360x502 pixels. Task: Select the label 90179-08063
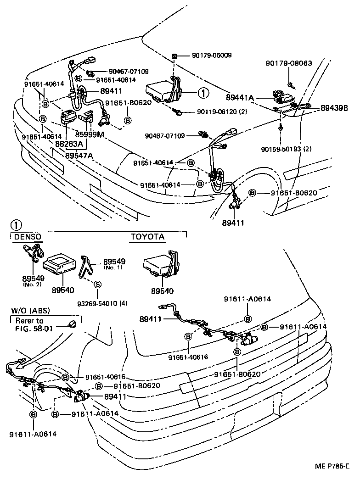point(289,63)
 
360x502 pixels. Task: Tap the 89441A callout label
point(240,97)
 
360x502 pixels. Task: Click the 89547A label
point(79,156)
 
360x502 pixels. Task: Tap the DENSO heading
point(28,237)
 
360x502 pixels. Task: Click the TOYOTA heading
point(147,237)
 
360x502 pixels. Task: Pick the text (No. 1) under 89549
point(113,268)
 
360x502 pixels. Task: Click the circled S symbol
point(97,284)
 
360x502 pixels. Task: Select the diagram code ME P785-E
point(332,466)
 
